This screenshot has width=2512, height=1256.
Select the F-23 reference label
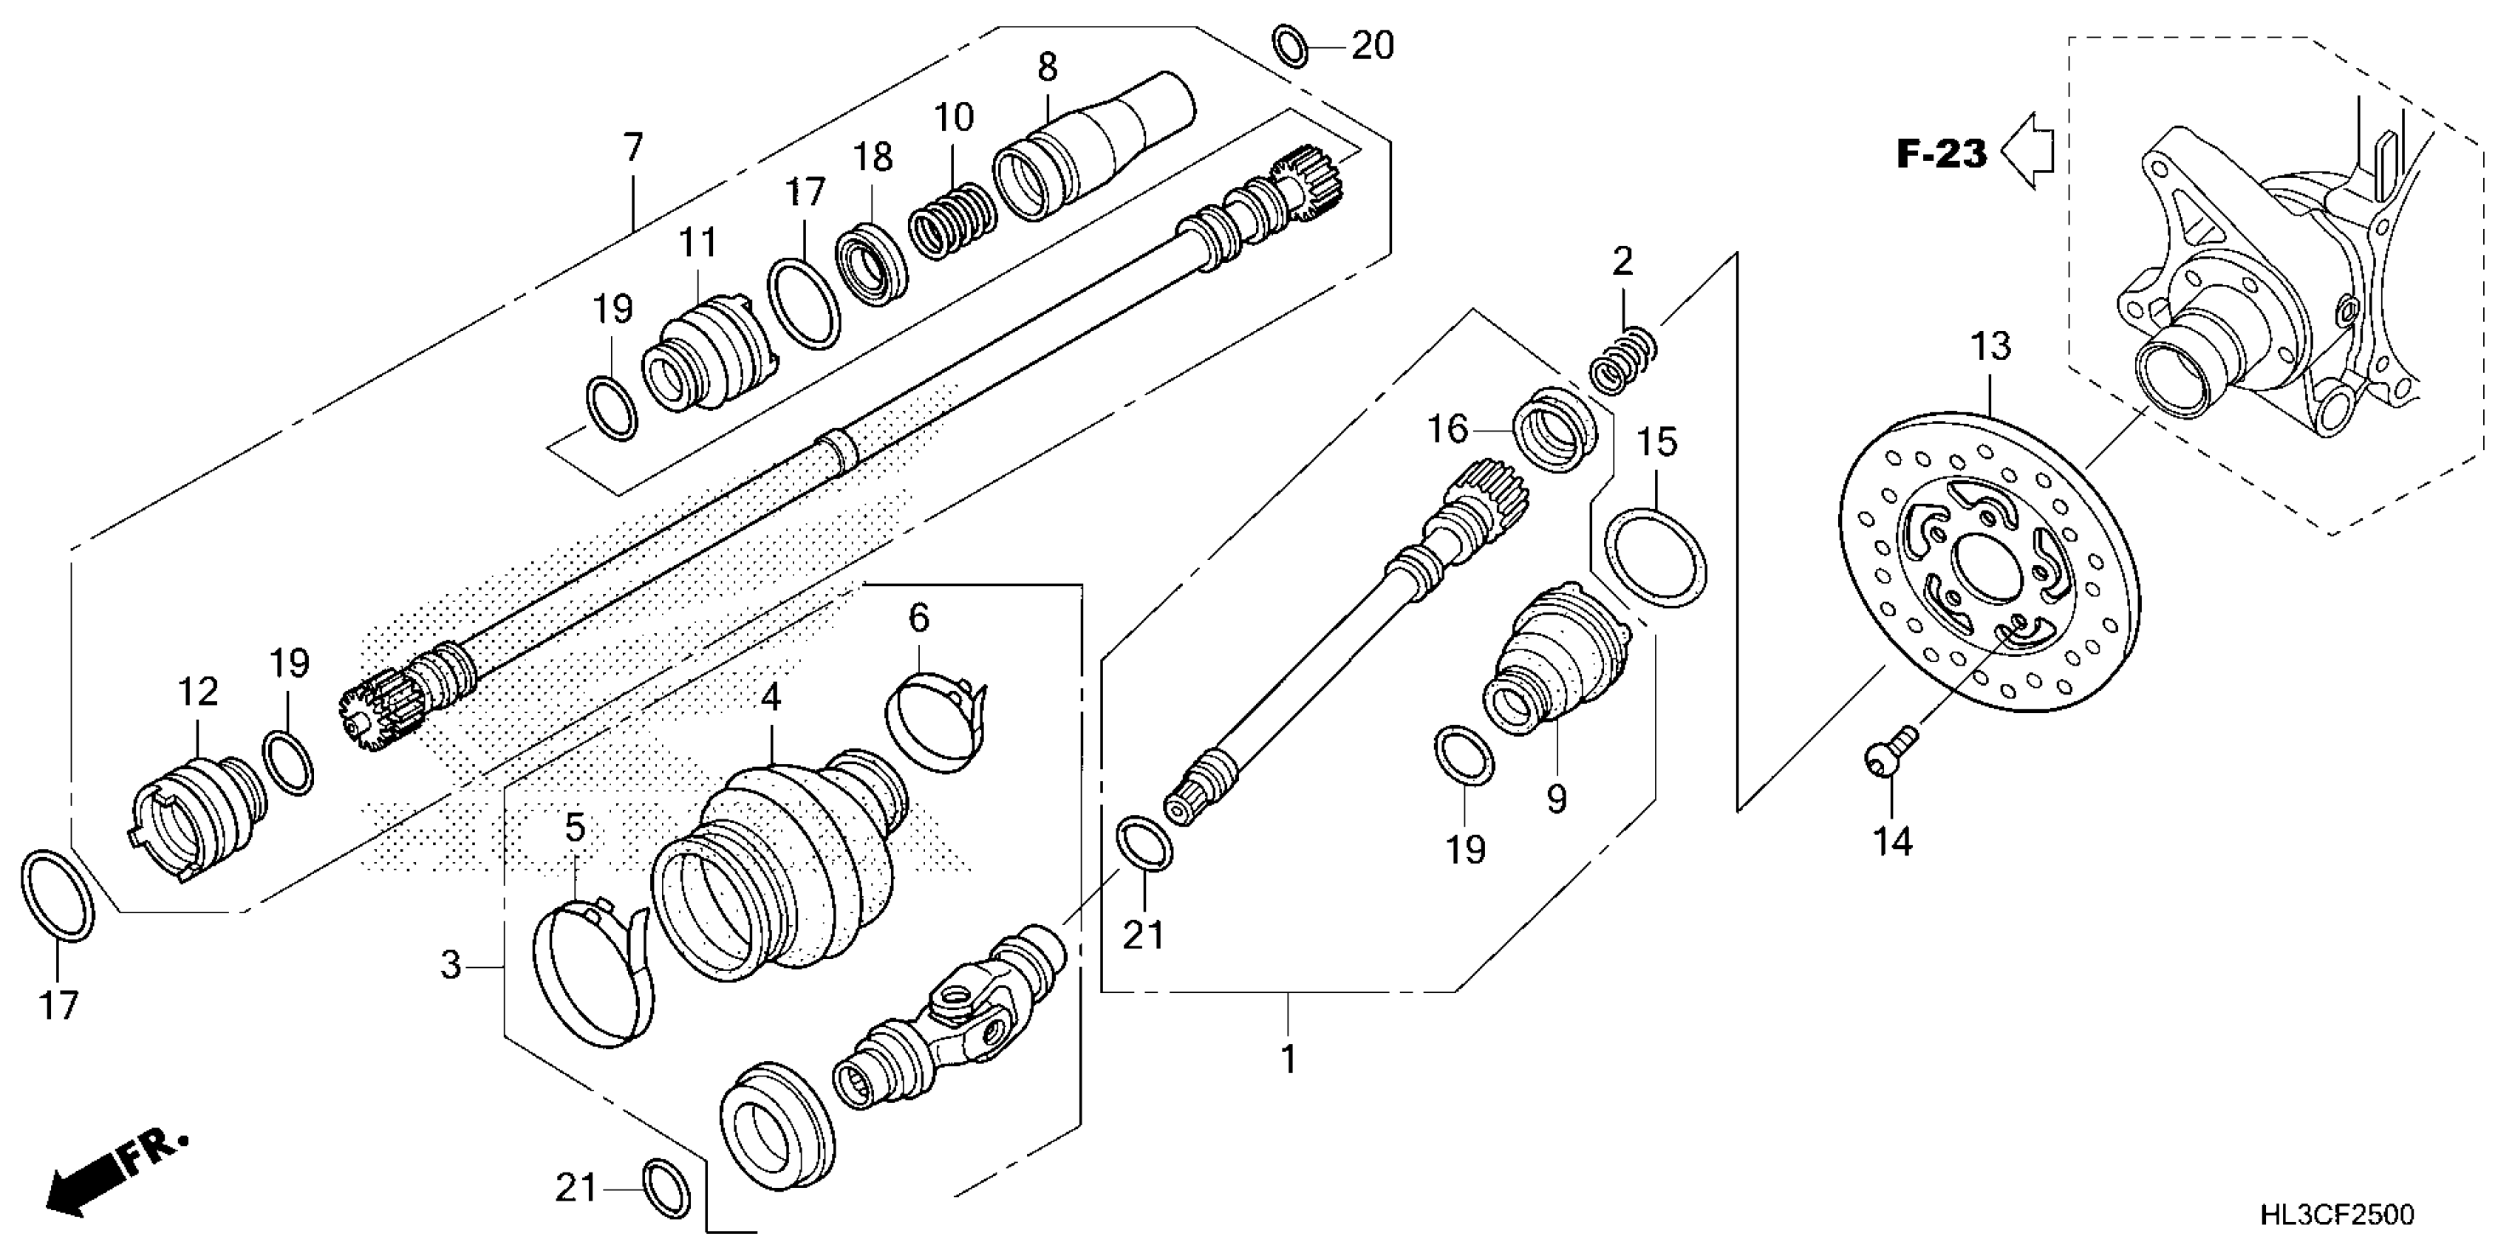point(1941,154)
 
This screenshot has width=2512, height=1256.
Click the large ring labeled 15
point(1656,557)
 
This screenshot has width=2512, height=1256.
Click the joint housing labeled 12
point(195,814)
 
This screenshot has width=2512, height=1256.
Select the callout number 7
point(634,149)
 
